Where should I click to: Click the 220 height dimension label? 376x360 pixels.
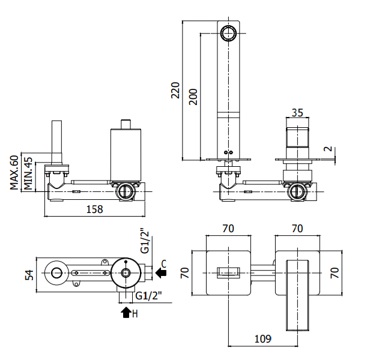tap(175, 90)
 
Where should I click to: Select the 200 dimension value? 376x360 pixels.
tap(193, 97)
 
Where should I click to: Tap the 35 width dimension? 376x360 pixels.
tap(297, 113)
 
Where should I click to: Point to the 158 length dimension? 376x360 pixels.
tap(95, 209)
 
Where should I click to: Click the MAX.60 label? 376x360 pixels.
tap(14, 172)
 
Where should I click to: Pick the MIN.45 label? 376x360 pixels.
tap(28, 173)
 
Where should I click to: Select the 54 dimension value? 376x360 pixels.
tap(29, 275)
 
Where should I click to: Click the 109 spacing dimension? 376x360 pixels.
tap(263, 339)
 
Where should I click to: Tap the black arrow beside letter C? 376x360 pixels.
tap(161, 273)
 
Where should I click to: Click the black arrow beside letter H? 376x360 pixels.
tap(126, 313)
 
